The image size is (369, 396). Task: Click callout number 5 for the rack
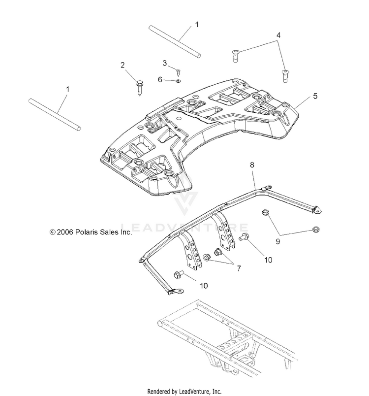tap(315, 96)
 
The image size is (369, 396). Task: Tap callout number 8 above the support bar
tap(252, 165)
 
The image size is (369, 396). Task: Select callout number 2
tap(123, 65)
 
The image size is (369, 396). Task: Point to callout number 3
tap(165, 63)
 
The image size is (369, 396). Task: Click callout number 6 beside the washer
tap(160, 80)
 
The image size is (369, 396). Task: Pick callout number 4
tap(278, 35)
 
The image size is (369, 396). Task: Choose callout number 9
tap(277, 242)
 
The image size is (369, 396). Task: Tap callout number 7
tap(239, 268)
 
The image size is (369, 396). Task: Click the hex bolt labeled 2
tap(139, 87)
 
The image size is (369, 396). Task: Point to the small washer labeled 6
tap(178, 81)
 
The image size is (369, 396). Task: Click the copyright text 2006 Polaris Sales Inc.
tap(91, 232)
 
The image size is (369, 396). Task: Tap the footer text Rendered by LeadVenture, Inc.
tap(184, 392)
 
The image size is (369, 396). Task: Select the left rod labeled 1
tap(55, 114)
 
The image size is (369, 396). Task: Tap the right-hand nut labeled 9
tap(316, 230)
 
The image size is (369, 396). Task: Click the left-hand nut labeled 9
tap(265, 212)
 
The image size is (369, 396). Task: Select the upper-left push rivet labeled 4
tap(235, 56)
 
